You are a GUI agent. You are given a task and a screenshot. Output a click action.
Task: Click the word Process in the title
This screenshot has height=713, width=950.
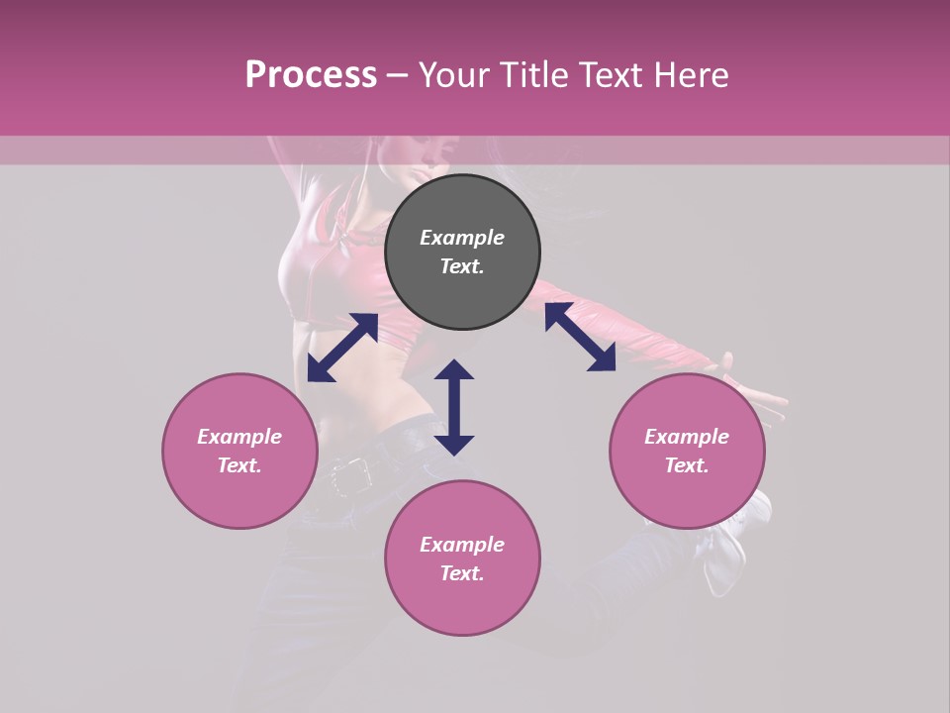click(x=311, y=74)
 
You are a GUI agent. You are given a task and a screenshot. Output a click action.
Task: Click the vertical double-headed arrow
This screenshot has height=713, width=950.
click(x=454, y=407)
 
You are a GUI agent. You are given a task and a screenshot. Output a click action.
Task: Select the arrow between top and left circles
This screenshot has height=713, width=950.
click(x=342, y=348)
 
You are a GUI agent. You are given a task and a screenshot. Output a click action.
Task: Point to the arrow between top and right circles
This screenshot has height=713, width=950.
click(x=580, y=337)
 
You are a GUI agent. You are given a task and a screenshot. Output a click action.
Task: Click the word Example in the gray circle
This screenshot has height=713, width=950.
click(x=462, y=238)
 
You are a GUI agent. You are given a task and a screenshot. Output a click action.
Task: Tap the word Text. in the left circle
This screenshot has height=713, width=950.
click(x=239, y=465)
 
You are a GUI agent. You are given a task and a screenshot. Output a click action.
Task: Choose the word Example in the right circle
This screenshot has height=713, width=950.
click(x=687, y=437)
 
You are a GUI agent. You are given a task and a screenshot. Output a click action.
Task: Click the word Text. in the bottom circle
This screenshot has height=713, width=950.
click(x=462, y=573)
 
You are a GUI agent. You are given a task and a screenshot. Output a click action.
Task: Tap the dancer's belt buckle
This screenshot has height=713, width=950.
click(x=353, y=476)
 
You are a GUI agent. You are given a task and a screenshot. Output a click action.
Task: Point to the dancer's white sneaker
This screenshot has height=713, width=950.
click(x=732, y=545)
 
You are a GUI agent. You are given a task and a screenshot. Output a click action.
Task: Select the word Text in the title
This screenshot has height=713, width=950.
click(x=614, y=74)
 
